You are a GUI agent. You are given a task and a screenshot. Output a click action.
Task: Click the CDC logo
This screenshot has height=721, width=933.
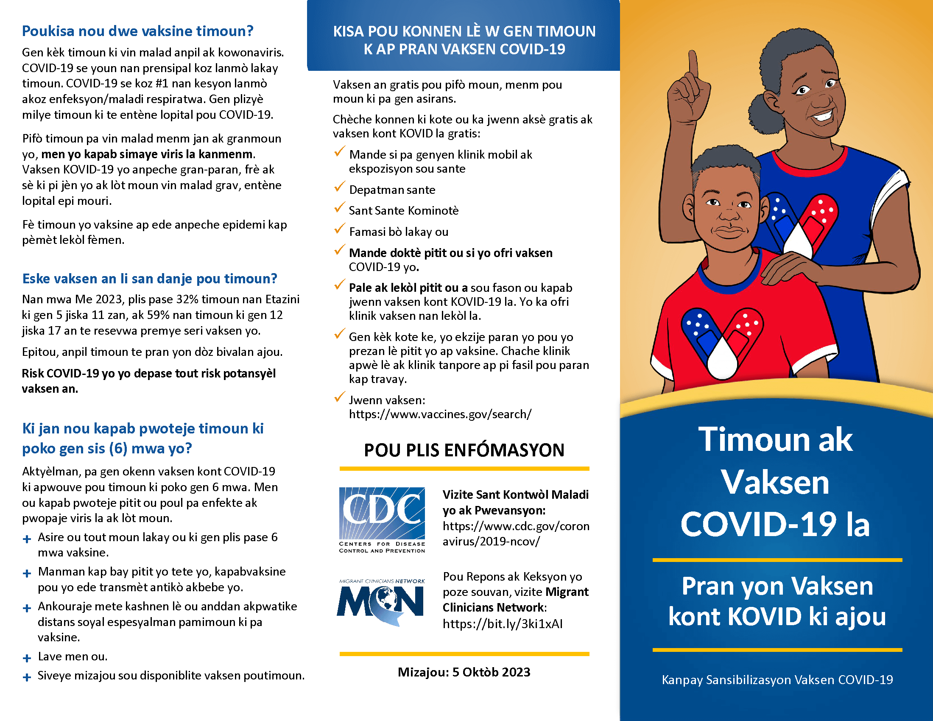pyautogui.click(x=382, y=520)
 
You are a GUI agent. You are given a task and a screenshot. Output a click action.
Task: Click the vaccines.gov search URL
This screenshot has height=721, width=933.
pyautogui.click(x=440, y=414)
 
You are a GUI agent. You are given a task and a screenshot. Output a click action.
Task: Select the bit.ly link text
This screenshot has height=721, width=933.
pyautogui.click(x=503, y=623)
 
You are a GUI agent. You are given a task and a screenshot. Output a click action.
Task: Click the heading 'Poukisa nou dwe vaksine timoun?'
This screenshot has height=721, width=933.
pyautogui.click(x=137, y=31)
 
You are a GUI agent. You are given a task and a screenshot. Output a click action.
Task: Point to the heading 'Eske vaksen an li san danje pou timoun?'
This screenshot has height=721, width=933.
pyautogui.click(x=150, y=279)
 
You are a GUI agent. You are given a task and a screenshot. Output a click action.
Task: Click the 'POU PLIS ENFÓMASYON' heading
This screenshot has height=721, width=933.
pyautogui.click(x=464, y=450)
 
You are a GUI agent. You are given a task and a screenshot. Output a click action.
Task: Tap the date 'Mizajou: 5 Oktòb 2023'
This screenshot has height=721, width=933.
pyautogui.click(x=464, y=672)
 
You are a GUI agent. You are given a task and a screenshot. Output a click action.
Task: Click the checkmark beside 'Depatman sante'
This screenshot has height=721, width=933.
pyautogui.click(x=339, y=187)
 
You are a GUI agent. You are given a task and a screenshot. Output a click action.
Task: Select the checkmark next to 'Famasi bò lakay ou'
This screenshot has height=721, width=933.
pyautogui.click(x=339, y=229)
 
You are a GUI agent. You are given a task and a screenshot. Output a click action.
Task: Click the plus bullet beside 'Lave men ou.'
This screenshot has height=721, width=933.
pyautogui.click(x=27, y=658)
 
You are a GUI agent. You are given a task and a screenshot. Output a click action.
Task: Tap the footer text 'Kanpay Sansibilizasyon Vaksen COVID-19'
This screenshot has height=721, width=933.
pyautogui.click(x=777, y=679)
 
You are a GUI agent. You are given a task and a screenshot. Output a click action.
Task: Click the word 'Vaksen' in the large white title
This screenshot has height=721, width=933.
pyautogui.click(x=775, y=482)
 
